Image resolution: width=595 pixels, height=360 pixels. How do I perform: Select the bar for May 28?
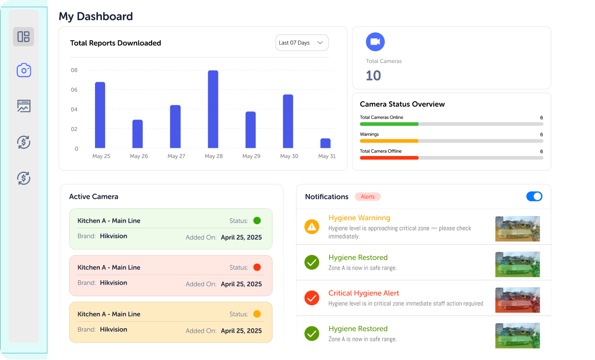213,109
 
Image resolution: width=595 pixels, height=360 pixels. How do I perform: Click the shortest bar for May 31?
325,143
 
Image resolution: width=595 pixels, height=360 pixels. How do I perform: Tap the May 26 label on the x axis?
139,156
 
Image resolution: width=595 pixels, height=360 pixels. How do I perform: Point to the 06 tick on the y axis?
74,90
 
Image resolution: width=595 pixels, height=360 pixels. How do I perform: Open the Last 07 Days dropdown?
302,43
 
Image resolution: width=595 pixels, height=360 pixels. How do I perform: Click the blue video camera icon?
375,42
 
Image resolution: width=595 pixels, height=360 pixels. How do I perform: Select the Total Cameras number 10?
373,76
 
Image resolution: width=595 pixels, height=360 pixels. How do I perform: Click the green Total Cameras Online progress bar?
389,124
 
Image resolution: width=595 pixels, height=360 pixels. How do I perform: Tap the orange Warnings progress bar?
389,141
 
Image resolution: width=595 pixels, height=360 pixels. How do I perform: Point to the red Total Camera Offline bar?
389,157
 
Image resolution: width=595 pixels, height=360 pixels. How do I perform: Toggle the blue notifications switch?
534,196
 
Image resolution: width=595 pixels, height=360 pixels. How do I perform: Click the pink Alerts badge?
368,197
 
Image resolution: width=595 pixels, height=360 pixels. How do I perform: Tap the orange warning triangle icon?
312,227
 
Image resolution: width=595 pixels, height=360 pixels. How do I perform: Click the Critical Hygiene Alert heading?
364,293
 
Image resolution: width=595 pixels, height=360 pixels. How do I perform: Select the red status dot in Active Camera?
257,267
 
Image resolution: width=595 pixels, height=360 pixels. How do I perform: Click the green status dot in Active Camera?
257,221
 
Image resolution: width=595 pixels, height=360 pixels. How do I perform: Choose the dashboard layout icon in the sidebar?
24,36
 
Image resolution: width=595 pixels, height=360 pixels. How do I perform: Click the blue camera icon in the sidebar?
24,71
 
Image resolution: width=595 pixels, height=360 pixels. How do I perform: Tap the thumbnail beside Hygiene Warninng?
517,228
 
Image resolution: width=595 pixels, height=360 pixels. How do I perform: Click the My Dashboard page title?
95,16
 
